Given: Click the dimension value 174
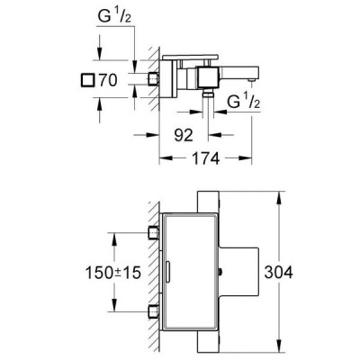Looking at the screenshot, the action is click(205, 158).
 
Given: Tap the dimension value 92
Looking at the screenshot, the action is click(184, 135).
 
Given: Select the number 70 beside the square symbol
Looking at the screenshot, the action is click(107, 80).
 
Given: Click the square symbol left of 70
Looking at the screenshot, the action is click(87, 80).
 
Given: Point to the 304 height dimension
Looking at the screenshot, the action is click(278, 273).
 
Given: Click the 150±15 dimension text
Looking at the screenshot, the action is click(113, 273).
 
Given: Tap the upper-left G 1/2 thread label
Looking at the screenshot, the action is click(115, 17).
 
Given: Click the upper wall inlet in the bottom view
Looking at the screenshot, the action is click(153, 233).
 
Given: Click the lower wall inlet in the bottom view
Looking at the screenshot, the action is click(153, 311).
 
